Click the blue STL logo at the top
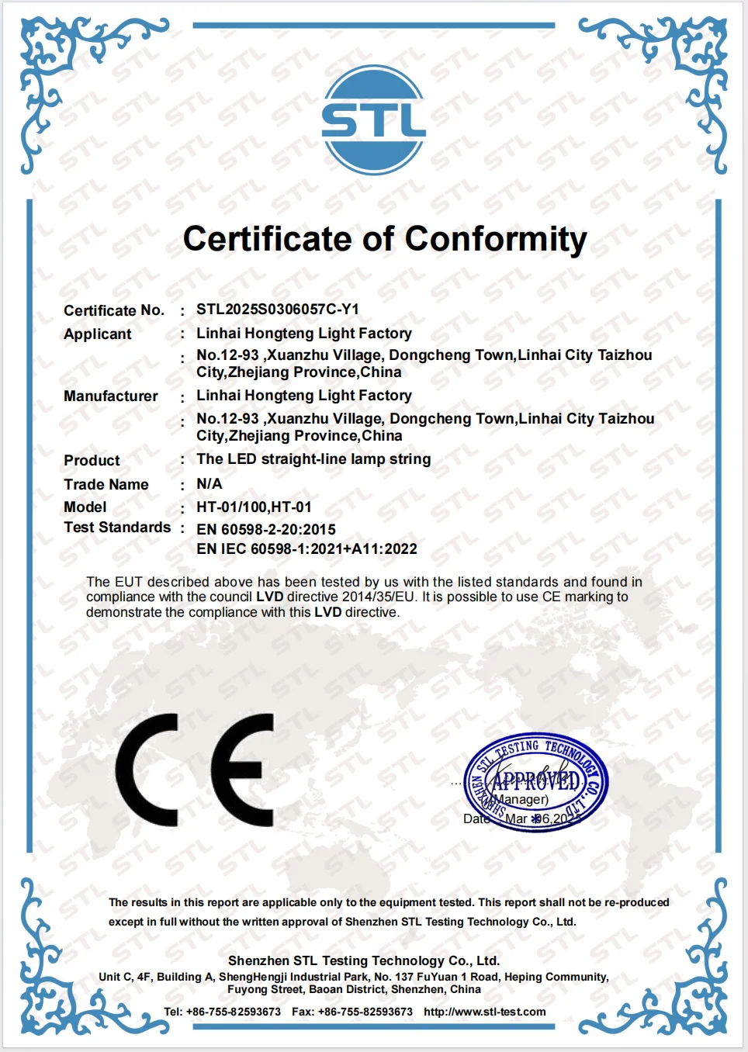pyautogui.click(x=373, y=120)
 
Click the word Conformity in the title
pyautogui.click(x=495, y=240)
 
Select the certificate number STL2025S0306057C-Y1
pyautogui.click(x=277, y=310)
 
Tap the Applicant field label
pyautogui.click(x=98, y=334)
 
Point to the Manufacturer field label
pyautogui.click(x=111, y=396)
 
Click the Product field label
pyautogui.click(x=92, y=461)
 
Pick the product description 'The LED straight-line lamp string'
pyautogui.click(x=313, y=459)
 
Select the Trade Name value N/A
pyautogui.click(x=210, y=484)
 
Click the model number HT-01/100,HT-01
pyautogui.click(x=254, y=507)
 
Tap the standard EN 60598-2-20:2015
pyautogui.click(x=266, y=530)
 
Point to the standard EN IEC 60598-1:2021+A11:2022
pyautogui.click(x=306, y=549)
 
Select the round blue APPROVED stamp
pyautogui.click(x=535, y=782)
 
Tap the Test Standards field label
pyautogui.click(x=117, y=528)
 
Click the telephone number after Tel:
pyautogui.click(x=233, y=1012)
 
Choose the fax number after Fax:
pyautogui.click(x=365, y=1012)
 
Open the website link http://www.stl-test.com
pyautogui.click(x=484, y=1012)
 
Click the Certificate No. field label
pyautogui.click(x=114, y=311)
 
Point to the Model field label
pyautogui.click(x=85, y=507)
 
